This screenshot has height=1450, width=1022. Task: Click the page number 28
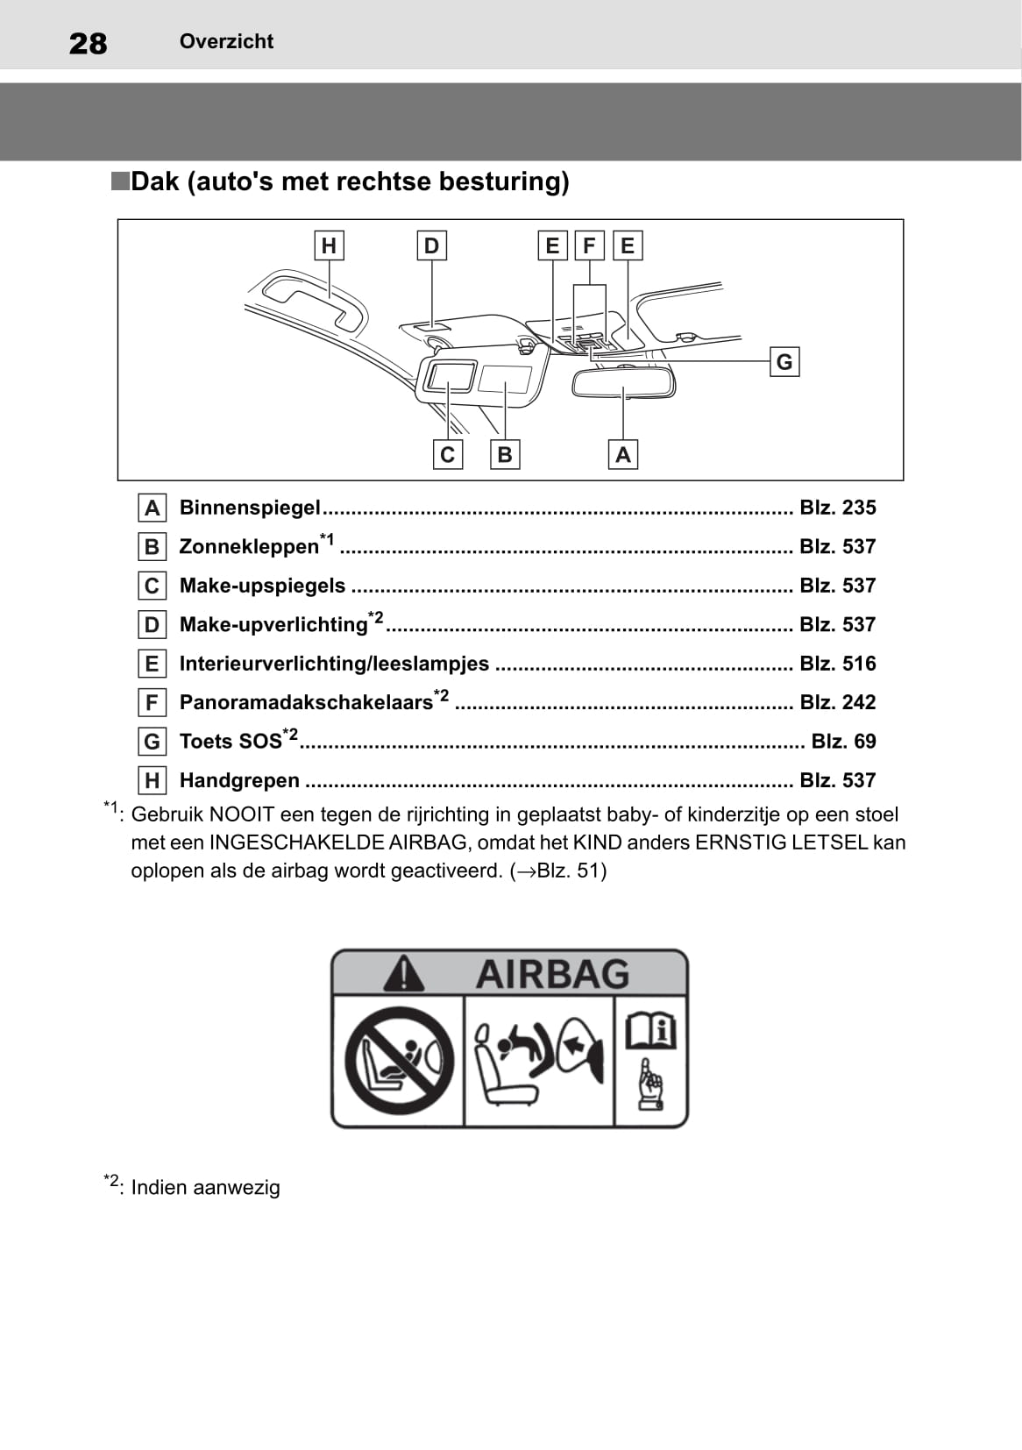[x=88, y=43]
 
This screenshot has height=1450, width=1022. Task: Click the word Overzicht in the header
[x=226, y=41]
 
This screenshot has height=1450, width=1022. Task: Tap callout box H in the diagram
[x=329, y=245]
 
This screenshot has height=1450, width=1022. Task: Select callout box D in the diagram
[x=431, y=245]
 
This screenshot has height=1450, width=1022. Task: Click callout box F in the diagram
[x=589, y=245]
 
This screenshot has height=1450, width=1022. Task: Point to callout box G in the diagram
[x=784, y=361]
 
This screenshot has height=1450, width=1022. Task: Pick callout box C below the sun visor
[x=448, y=454]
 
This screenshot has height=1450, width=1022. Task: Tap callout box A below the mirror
[x=623, y=454]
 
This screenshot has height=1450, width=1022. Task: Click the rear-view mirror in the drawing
[x=623, y=382]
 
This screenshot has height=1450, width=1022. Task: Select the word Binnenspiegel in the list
[x=250, y=507]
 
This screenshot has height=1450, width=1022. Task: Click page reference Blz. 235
[x=837, y=507]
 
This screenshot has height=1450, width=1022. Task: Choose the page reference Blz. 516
[x=837, y=663]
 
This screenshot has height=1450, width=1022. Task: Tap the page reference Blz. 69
[x=843, y=741]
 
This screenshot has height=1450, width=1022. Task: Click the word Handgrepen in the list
[x=239, y=779]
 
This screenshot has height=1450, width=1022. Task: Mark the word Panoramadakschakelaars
[x=306, y=702]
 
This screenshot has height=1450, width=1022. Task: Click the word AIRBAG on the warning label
[x=552, y=974]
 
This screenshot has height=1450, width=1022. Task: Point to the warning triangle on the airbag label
[x=403, y=973]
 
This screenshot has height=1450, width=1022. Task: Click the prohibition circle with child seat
[x=399, y=1060]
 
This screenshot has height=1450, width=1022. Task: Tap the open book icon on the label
[x=651, y=1030]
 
